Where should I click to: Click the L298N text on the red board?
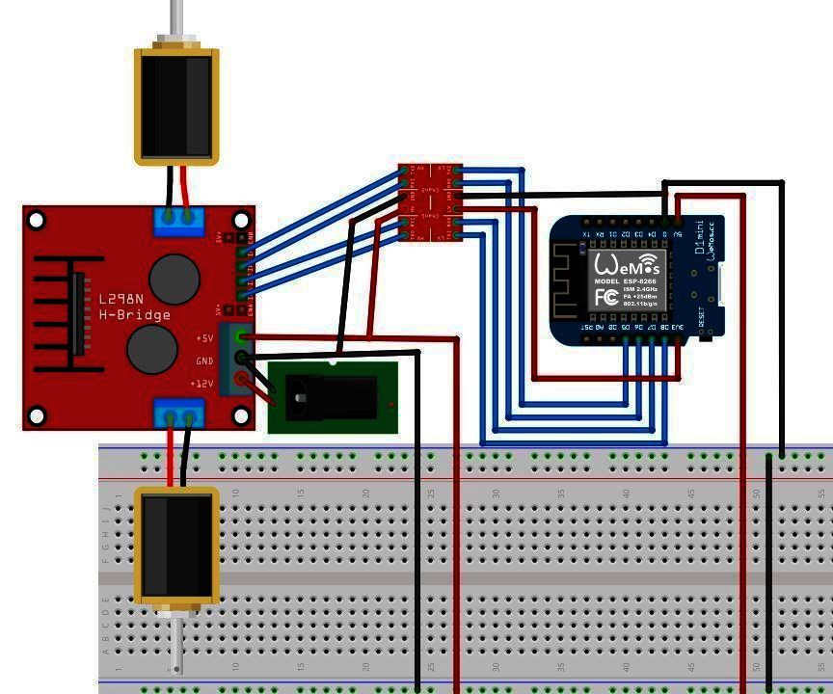pyautogui.click(x=121, y=300)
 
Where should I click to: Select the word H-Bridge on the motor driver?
pyautogui.click(x=134, y=315)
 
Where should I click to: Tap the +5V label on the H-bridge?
pyautogui.click(x=204, y=338)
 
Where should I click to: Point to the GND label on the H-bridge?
pyautogui.click(x=204, y=361)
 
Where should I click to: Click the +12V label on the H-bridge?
pyautogui.click(x=202, y=384)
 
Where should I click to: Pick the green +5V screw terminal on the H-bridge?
pyautogui.click(x=244, y=338)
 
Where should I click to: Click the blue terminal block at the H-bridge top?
pyautogui.click(x=179, y=221)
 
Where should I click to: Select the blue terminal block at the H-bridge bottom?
pyautogui.click(x=179, y=414)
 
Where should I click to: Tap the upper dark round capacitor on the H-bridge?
pyautogui.click(x=175, y=278)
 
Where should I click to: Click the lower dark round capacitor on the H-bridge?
pyautogui.click(x=152, y=348)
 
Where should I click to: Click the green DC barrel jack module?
pyautogui.click(x=333, y=397)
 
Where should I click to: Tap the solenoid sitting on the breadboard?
pyautogui.click(x=175, y=546)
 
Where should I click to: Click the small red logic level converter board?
pyautogui.click(x=430, y=201)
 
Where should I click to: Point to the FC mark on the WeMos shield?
pyautogui.click(x=605, y=297)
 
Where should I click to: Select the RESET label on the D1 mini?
pyautogui.click(x=701, y=318)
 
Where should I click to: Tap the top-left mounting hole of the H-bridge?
pyautogui.click(x=37, y=221)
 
